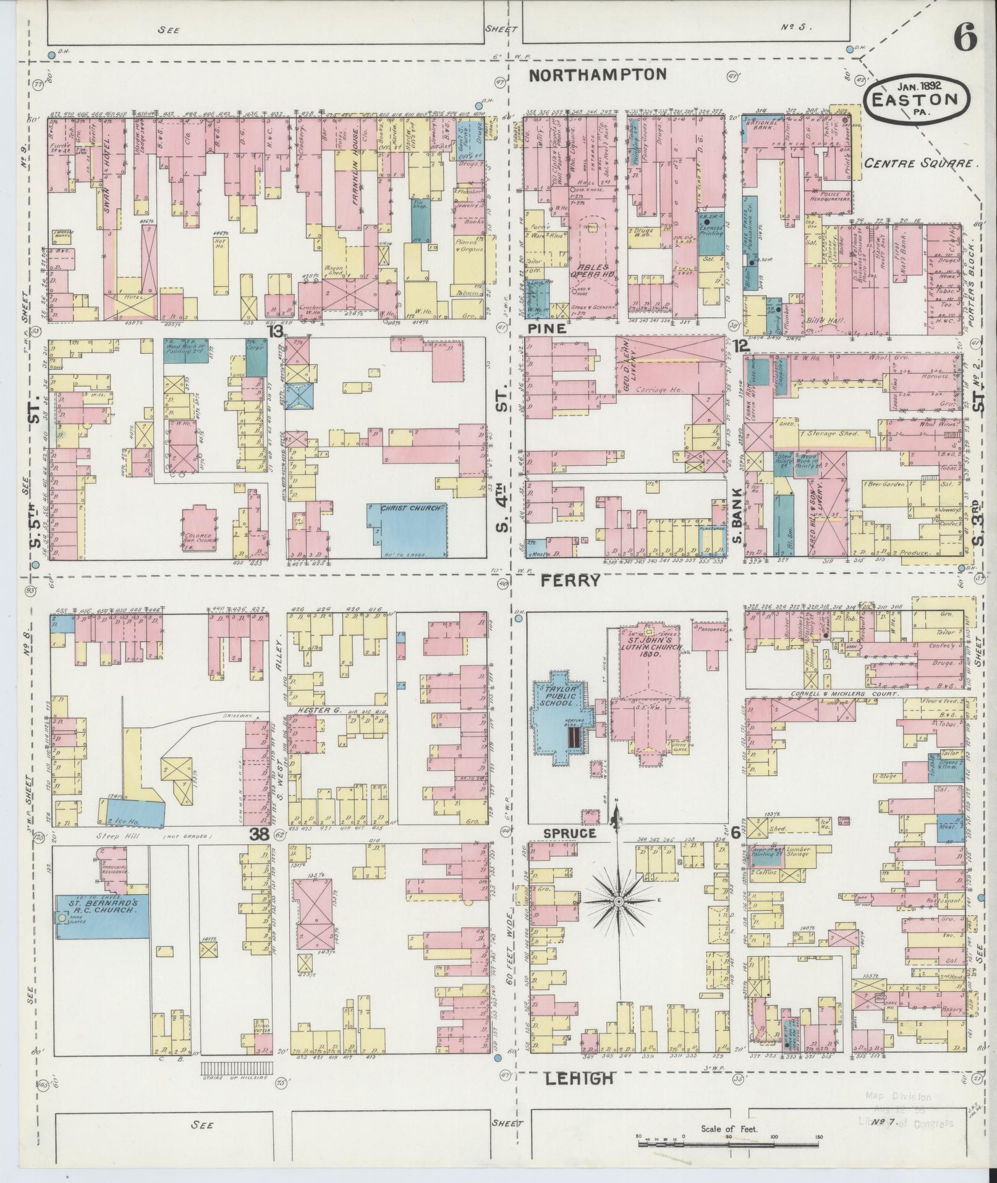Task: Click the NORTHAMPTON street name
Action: pyautogui.click(x=598, y=75)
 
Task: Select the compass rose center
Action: pyautogui.click(x=617, y=903)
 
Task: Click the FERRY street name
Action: pyautogui.click(x=571, y=580)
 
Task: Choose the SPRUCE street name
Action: pyautogui.click(x=570, y=834)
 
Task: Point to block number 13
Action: pyautogui.click(x=276, y=331)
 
